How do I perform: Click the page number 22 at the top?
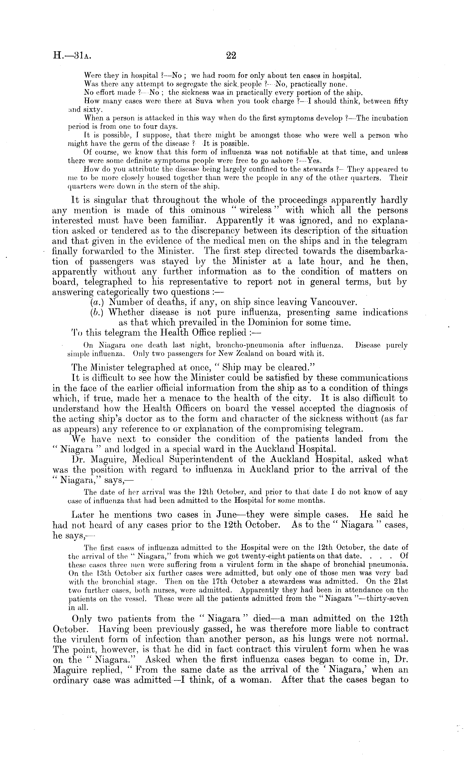[x=231, y=56]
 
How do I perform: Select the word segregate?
[x=176, y=84]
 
